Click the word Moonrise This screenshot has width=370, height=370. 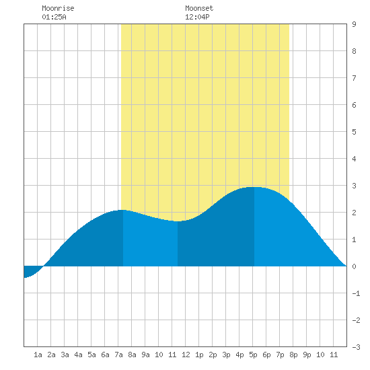coord(58,8)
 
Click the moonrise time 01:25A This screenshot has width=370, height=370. coord(54,17)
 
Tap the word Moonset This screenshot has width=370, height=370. coord(199,8)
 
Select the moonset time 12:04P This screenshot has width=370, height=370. coord(197,17)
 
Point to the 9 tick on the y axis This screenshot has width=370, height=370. coord(354,24)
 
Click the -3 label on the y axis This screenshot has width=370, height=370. coord(356,347)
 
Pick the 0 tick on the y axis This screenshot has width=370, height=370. coord(354,266)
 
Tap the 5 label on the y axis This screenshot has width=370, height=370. coord(354,132)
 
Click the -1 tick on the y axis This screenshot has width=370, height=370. coord(356,293)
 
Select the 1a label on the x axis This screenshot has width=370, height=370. coord(38,355)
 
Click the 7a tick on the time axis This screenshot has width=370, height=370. coord(118,355)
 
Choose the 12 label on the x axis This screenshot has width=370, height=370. coord(186,355)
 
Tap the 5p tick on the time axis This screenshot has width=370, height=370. coord(253,355)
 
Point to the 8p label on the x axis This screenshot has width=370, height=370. coord(293,355)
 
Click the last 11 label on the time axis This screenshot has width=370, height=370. coord(334,355)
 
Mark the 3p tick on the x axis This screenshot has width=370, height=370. coord(226,355)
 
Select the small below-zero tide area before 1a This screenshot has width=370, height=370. coord(32,271)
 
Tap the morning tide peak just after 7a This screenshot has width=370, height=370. coord(122,210)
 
